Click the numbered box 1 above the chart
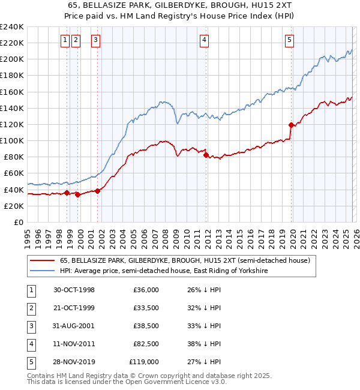(65, 40)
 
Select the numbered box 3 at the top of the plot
(95, 40)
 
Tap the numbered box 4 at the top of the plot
(204, 40)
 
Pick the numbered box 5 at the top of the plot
(289, 40)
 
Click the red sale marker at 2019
(292, 125)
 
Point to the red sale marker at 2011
(206, 155)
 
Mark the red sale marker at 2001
(97, 191)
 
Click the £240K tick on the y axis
(12, 27)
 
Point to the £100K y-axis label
(12, 140)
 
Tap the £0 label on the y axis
(18, 222)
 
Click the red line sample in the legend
(42, 261)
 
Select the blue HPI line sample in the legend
(42, 271)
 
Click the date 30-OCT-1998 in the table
(74, 290)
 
